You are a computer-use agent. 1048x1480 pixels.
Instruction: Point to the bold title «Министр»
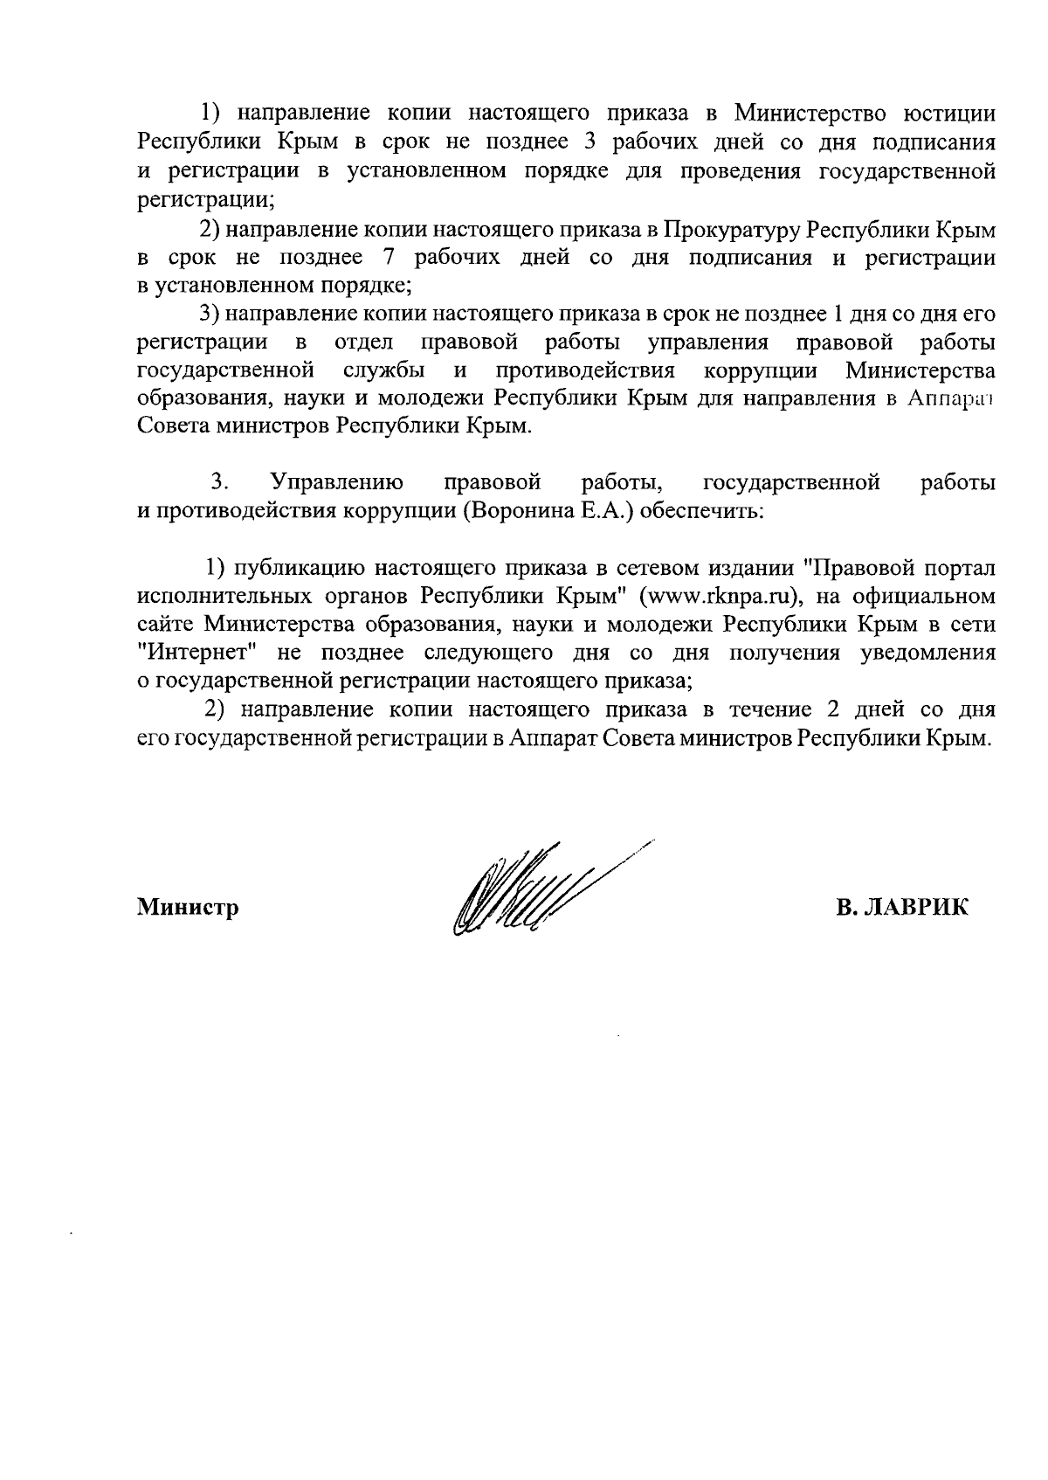pyautogui.click(x=188, y=908)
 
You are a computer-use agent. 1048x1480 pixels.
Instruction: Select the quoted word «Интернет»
pyautogui.click(x=196, y=653)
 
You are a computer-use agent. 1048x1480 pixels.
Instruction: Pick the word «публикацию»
pyautogui.click(x=297, y=569)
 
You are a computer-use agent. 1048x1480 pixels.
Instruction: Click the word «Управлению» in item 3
pyautogui.click(x=337, y=482)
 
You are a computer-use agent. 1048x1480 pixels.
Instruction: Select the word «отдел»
pyautogui.click(x=364, y=342)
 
